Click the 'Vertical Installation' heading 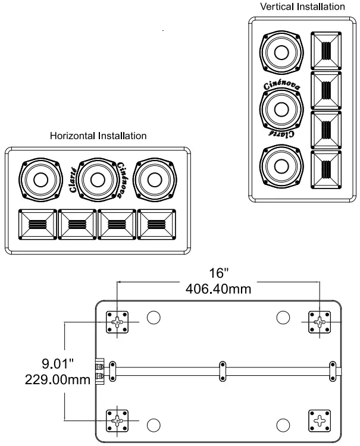(x=302, y=7)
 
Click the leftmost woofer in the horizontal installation (x=40, y=180)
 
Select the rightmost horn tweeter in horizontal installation (x=157, y=225)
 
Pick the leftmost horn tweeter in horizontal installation (x=39, y=225)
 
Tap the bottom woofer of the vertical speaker (x=278, y=166)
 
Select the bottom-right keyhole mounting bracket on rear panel (x=320, y=421)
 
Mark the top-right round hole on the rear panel (x=283, y=318)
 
